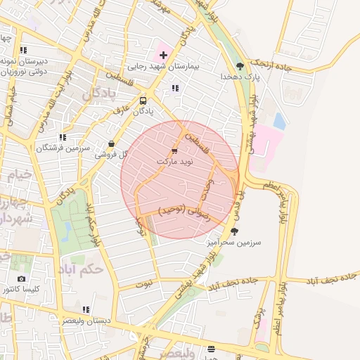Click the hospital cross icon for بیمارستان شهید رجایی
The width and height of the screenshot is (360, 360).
coord(163,54)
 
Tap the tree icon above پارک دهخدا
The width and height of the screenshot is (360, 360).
coord(240,66)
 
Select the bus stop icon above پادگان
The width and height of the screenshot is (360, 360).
coord(143,101)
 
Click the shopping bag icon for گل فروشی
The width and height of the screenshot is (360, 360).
coord(112,143)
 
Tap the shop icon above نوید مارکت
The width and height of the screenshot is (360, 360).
coord(174,151)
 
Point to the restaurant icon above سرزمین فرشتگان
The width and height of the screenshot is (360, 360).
coord(63,138)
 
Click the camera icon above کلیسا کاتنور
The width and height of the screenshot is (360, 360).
coord(21,279)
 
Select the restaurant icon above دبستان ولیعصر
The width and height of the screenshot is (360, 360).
coord(86,309)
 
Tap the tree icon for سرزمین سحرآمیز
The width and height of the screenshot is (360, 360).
coord(234,231)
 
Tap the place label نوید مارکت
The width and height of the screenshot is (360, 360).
coord(174,162)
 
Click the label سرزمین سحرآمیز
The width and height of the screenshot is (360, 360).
coord(234,242)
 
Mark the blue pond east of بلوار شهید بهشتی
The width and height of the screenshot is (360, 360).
coord(279,121)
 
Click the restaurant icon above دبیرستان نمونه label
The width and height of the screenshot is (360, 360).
coord(23,50)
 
